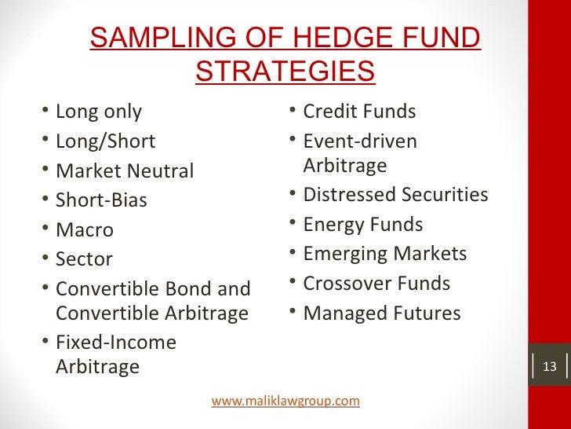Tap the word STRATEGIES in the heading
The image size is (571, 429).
(x=285, y=71)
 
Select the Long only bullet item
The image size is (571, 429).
(x=99, y=112)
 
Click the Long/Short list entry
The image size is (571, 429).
(x=105, y=141)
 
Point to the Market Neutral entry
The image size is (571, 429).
(x=124, y=171)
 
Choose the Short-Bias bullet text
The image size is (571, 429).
(x=101, y=200)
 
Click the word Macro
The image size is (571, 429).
(x=84, y=230)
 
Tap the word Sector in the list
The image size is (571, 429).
(x=84, y=259)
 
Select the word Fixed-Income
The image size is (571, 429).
(x=116, y=343)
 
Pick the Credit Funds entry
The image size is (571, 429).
(x=359, y=112)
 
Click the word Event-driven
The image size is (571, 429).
(x=360, y=141)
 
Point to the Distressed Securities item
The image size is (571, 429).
(x=395, y=194)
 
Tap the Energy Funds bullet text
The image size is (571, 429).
(x=362, y=225)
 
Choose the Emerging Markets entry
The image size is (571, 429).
(x=384, y=254)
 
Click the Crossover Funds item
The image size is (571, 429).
(x=376, y=284)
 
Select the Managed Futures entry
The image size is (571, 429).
(x=381, y=313)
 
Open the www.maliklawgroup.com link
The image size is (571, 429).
(x=285, y=401)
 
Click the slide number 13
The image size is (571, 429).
(x=549, y=367)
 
